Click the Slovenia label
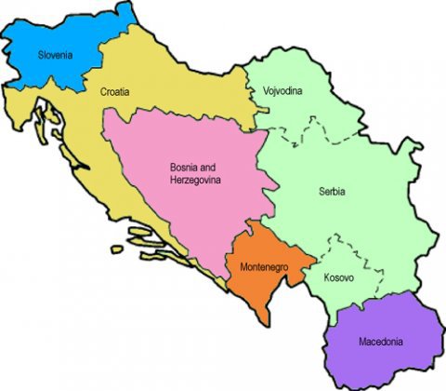(x=54, y=54)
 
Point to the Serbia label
(x=331, y=191)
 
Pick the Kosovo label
(x=338, y=277)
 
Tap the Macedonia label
(x=381, y=342)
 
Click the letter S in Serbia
(x=319, y=191)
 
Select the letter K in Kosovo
(x=326, y=277)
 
